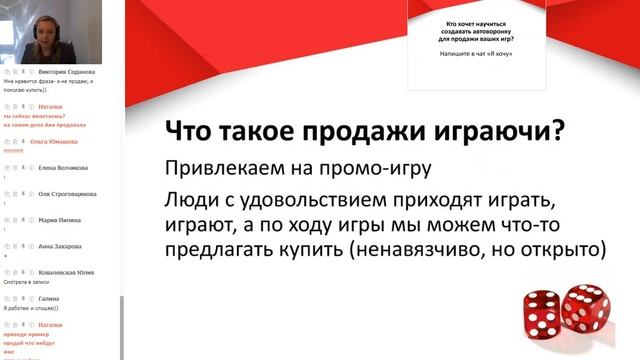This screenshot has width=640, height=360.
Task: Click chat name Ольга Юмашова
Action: pyautogui.click(x=60, y=142)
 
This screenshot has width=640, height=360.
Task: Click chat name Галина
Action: pyautogui.click(x=46, y=298)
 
